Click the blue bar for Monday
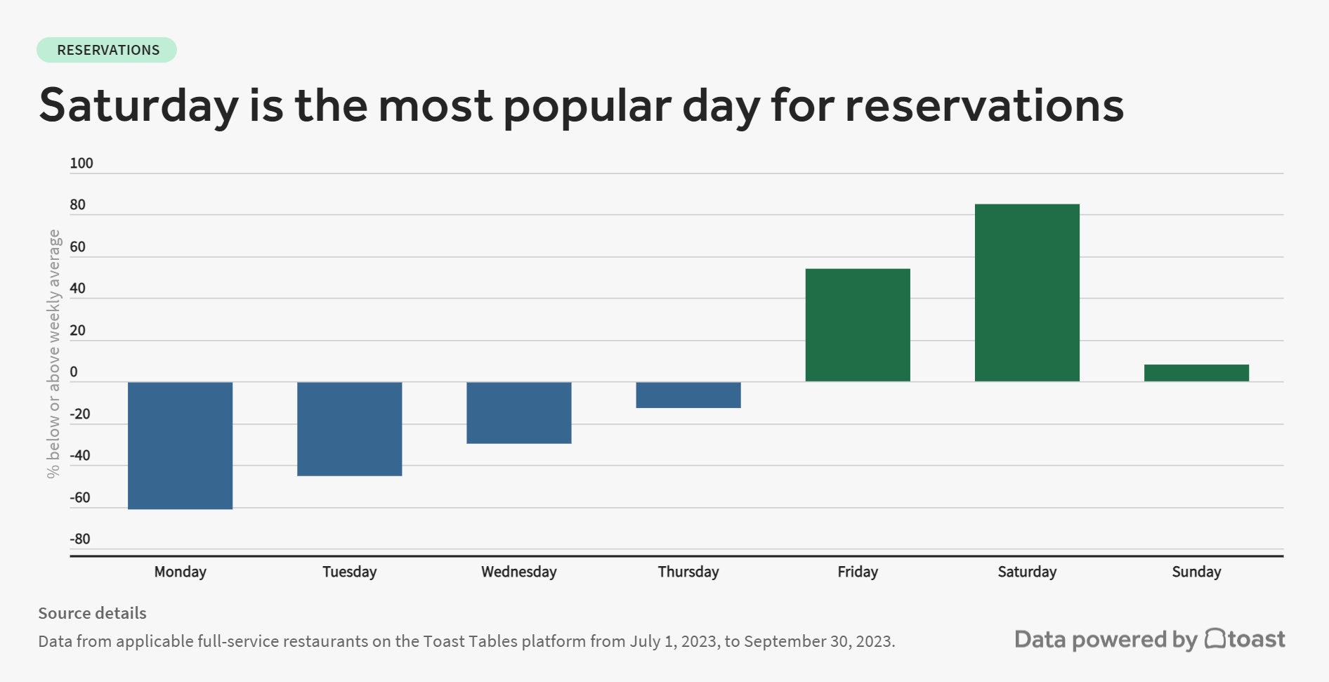pos(180,445)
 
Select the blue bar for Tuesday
pos(349,428)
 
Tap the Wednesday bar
pos(518,412)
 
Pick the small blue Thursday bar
pos(688,395)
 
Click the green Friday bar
pos(857,325)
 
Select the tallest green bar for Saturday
pos(1026,293)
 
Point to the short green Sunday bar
pos(1196,373)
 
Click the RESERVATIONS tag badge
pos(107,50)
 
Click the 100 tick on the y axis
pos(81,164)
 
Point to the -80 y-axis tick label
pos(80,539)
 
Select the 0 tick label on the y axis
pos(74,372)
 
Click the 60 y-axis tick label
pos(78,247)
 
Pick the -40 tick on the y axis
pos(80,456)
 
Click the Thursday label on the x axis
pos(688,572)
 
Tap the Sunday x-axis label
pos(1196,572)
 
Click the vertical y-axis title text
pos(54,354)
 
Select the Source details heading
pos(92,613)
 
